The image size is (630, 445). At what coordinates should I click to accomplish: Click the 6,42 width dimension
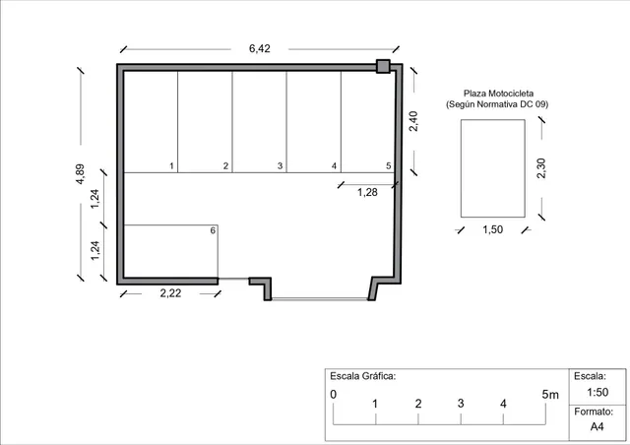[260, 48]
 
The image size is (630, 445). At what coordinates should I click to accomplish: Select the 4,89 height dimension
[80, 174]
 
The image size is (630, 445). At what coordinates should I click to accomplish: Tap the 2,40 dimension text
[413, 121]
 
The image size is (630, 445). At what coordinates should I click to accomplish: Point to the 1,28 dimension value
[367, 192]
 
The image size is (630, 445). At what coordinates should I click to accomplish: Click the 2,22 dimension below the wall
[170, 293]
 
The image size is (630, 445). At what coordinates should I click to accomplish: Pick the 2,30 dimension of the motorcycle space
[541, 168]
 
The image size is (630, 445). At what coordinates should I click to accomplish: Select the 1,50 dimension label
[492, 229]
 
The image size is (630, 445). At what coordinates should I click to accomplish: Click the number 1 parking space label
[171, 165]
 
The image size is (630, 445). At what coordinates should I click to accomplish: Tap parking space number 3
[280, 165]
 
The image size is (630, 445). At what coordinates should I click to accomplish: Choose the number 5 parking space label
[389, 165]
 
